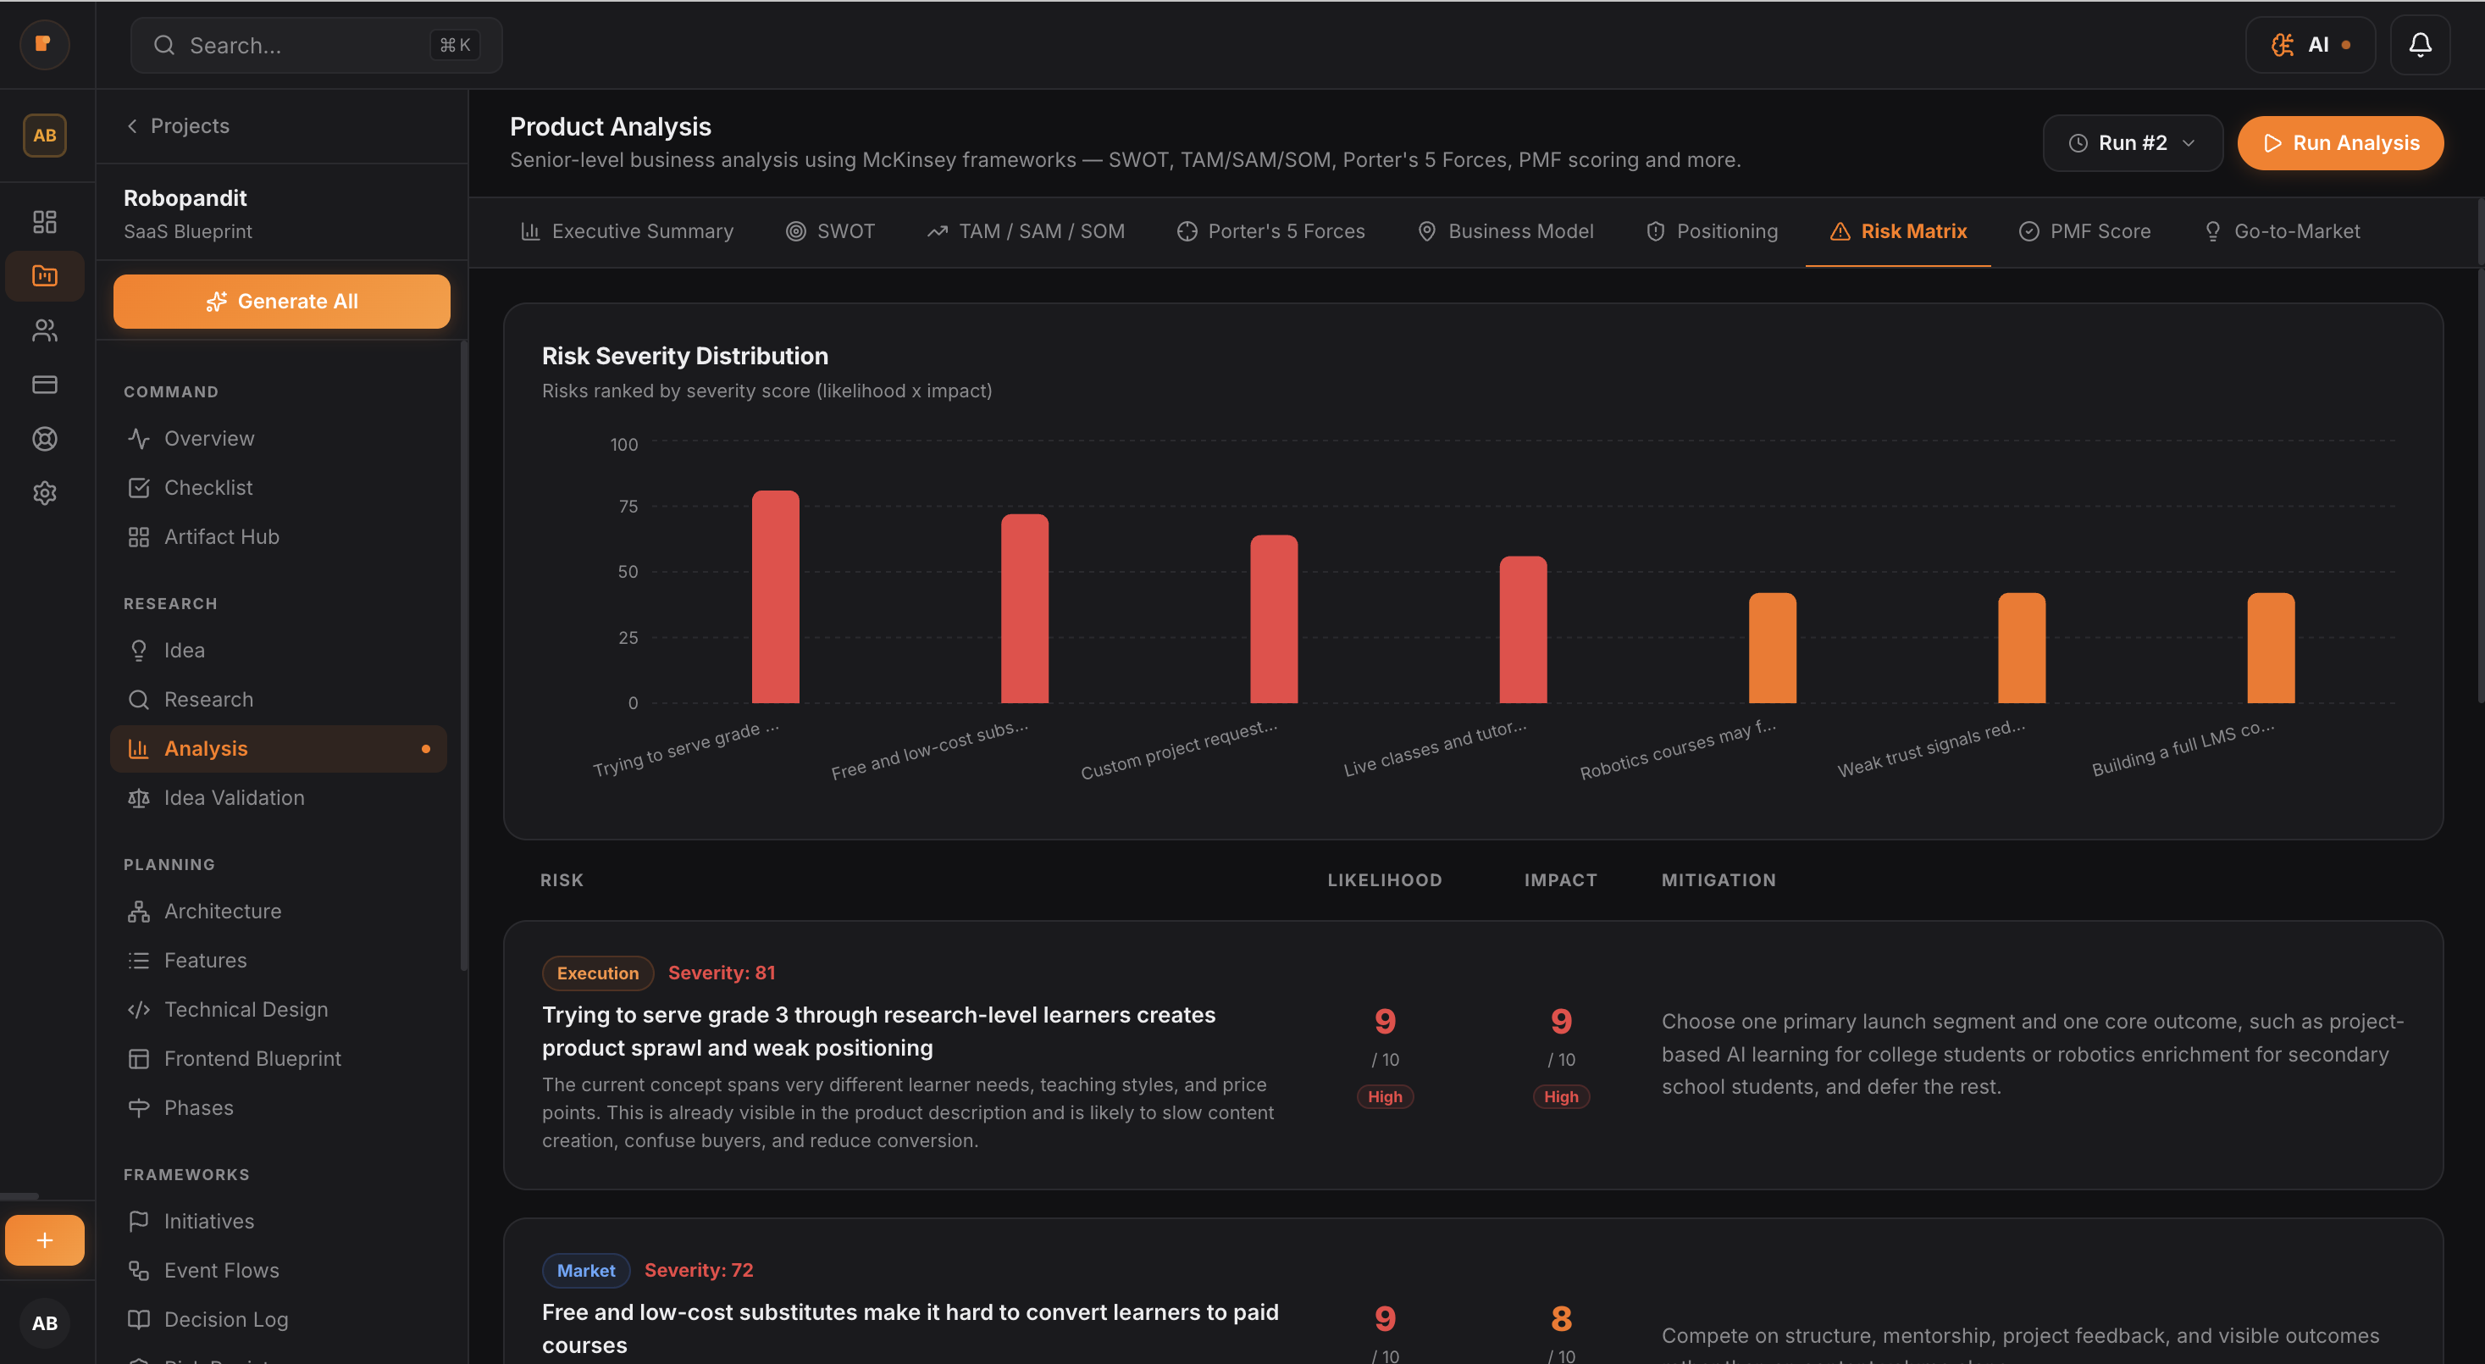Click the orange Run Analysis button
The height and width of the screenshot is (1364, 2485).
[x=2339, y=143]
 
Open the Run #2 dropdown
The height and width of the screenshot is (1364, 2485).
[x=2132, y=143]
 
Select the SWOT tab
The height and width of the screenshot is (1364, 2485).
[x=831, y=231]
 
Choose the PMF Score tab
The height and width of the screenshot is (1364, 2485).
[x=2084, y=231]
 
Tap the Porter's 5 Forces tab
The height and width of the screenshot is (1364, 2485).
[x=1270, y=231]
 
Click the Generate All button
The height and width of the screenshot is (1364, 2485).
[x=282, y=302]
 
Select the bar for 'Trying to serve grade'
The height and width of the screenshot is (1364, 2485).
[x=776, y=597]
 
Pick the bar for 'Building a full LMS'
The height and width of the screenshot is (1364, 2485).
[x=2270, y=648]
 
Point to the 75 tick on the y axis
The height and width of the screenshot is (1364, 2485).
[x=628, y=507]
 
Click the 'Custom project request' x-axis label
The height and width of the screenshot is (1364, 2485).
[x=1179, y=750]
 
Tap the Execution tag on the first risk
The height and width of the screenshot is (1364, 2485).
[x=597, y=973]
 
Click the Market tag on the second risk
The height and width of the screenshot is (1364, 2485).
[x=585, y=1271]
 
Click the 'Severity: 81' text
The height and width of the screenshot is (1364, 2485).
[x=722, y=973]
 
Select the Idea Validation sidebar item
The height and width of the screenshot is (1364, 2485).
[x=234, y=798]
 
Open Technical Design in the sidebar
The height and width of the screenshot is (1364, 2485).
[x=245, y=1009]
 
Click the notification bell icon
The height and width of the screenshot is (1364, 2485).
[x=2420, y=46]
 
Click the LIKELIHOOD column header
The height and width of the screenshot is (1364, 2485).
[x=1384, y=879]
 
